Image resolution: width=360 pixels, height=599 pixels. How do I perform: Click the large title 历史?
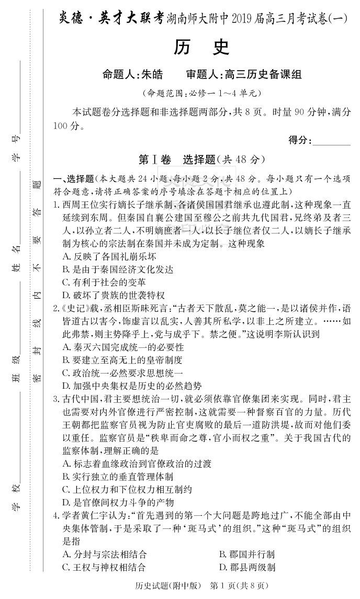click(x=201, y=48)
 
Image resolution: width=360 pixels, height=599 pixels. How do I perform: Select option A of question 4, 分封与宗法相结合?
click(x=104, y=554)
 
